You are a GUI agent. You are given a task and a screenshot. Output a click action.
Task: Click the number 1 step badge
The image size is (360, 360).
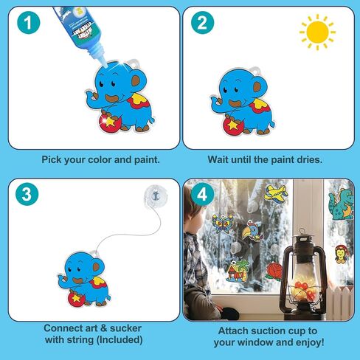pyautogui.click(x=29, y=22)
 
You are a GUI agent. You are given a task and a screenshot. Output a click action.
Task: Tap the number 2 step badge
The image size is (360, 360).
pyautogui.click(x=202, y=22)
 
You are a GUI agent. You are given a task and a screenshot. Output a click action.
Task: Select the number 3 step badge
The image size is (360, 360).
pyautogui.click(x=27, y=194)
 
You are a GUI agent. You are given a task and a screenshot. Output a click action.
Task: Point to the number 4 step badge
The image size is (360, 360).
pyautogui.click(x=202, y=194)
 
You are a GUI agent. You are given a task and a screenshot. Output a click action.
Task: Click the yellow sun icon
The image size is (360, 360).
pyautogui.click(x=317, y=32)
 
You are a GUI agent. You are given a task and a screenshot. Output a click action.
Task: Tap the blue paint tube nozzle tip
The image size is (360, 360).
pyautogui.click(x=105, y=65)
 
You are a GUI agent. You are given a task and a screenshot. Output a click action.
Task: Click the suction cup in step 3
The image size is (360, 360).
pyautogui.click(x=156, y=197)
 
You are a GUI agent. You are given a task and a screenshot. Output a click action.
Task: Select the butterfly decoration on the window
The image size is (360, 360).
pyautogui.click(x=222, y=224)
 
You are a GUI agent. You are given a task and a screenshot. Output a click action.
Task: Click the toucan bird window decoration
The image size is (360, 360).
pyautogui.click(x=252, y=232)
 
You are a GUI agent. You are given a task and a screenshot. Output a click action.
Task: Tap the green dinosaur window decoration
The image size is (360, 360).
pyautogui.click(x=342, y=204)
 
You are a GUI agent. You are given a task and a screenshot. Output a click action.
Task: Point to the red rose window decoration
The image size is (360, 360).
pyautogui.click(x=274, y=271)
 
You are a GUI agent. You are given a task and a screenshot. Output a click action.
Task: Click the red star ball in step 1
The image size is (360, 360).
pyautogui.click(x=110, y=122)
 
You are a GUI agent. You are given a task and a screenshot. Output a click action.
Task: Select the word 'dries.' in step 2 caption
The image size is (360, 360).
pyautogui.click(x=310, y=160)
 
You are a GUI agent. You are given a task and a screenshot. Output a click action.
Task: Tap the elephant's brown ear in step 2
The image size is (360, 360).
pyautogui.click(x=257, y=86)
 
